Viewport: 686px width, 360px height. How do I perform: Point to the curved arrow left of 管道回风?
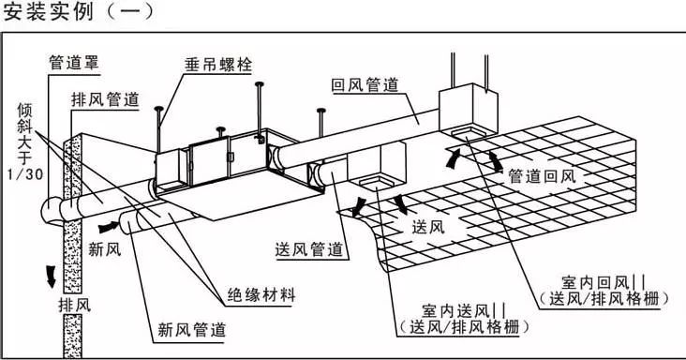tap(455, 159)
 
